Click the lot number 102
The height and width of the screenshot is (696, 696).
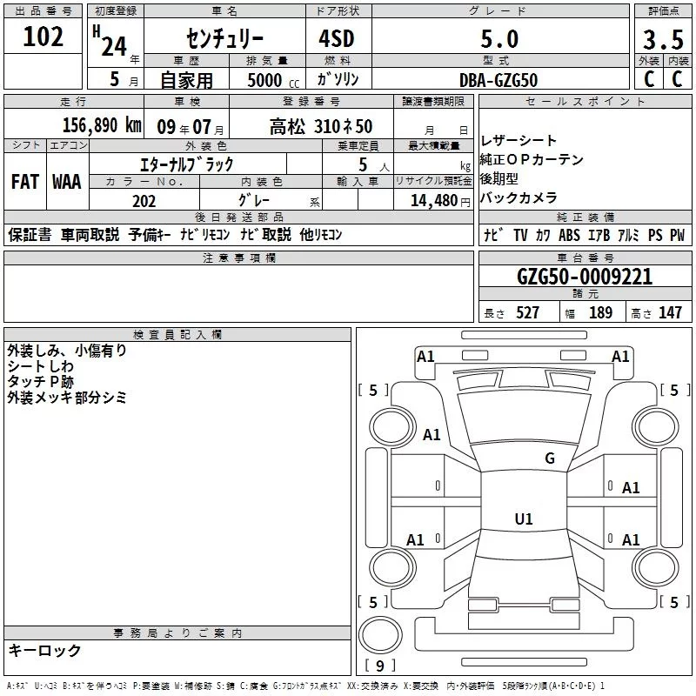coord(43,37)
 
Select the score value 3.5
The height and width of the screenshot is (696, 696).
coord(662,41)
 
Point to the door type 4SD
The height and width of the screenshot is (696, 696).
coord(339,39)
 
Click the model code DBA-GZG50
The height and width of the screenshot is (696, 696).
coord(499,79)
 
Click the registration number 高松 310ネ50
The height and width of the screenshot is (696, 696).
coord(321,125)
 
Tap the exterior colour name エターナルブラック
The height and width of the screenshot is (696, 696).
coord(186,164)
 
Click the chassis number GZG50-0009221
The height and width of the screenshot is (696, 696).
coord(584,277)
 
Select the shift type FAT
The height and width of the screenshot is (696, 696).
coord(24,183)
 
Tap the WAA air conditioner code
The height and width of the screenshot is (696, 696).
coord(67,183)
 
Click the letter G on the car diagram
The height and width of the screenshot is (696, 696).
coord(550,458)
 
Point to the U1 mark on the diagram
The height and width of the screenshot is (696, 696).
coord(523,519)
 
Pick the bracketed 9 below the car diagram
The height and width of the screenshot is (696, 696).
coord(379,666)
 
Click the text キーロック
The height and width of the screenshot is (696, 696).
coord(44,650)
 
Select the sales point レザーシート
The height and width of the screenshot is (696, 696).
coord(519,141)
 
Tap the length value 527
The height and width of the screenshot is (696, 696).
coord(527,313)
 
